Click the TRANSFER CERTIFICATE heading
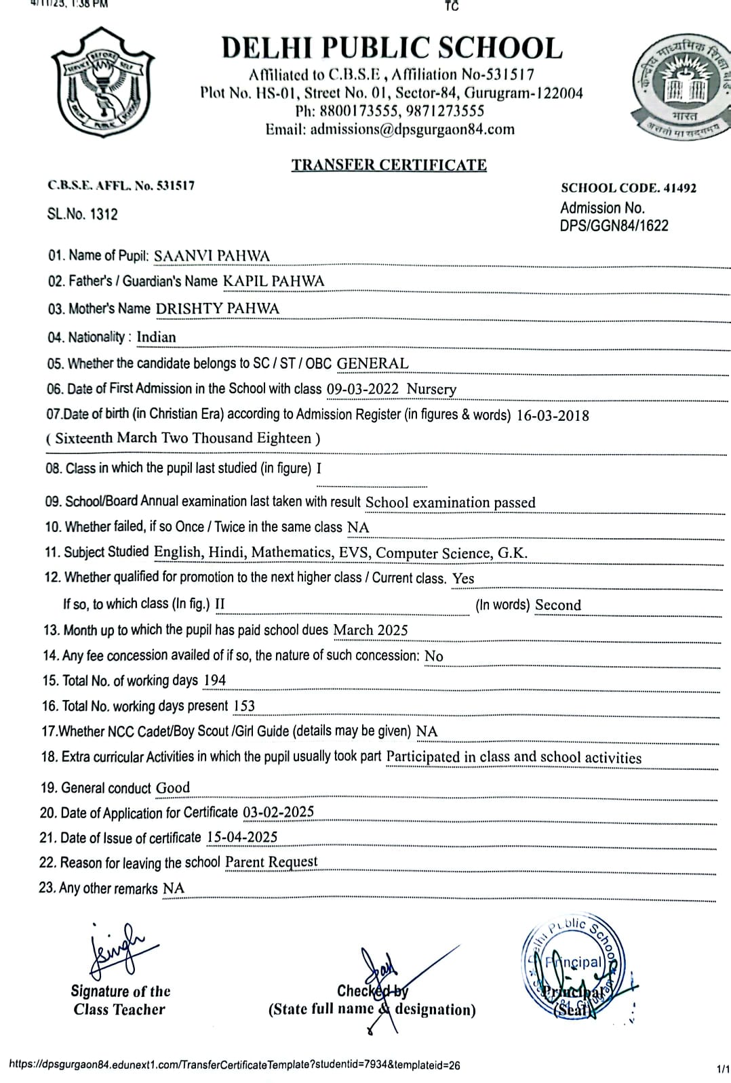coord(389,165)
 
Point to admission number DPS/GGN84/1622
coord(614,226)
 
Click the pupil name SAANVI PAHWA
coord(212,256)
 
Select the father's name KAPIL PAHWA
coord(274,281)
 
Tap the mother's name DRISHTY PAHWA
coord(217,308)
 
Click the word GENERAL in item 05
coord(372,363)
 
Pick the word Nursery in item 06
coord(431,389)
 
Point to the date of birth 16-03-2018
coord(553,415)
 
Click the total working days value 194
coord(214,680)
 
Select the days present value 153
coord(244,706)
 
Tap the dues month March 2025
coord(370,630)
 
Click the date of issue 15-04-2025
coord(242,838)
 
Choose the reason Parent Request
coord(271,862)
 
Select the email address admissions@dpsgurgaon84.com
coord(412,129)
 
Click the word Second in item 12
coord(558,605)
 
